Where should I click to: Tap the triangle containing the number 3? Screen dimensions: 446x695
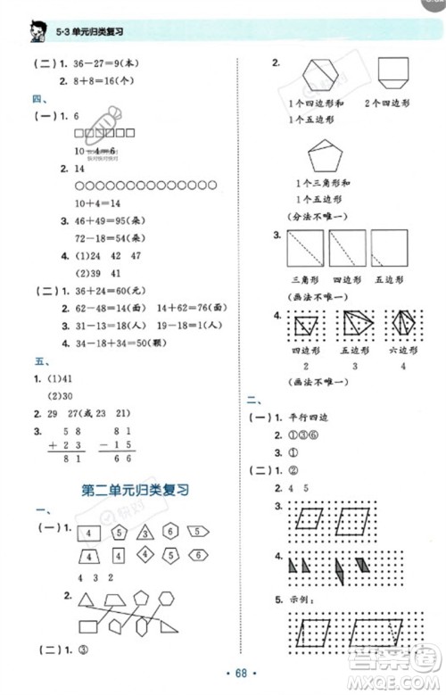click(x=144, y=534)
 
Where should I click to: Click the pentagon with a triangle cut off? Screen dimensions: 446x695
click(x=318, y=158)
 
